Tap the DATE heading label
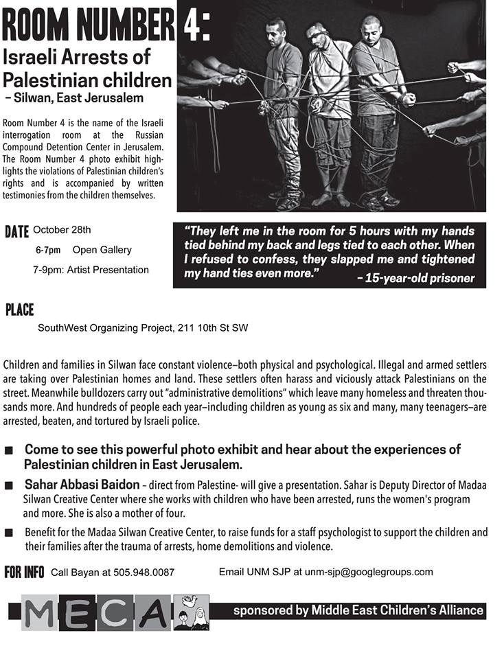pyautogui.click(x=16, y=231)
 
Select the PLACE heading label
pyautogui.click(x=19, y=310)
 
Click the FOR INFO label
pyautogui.click(x=24, y=573)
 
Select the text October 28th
pyautogui.click(x=62, y=229)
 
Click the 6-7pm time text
pyautogui.click(x=48, y=250)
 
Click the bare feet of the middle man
pyautogui.click(x=331, y=200)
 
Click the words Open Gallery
pyautogui.click(x=102, y=250)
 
